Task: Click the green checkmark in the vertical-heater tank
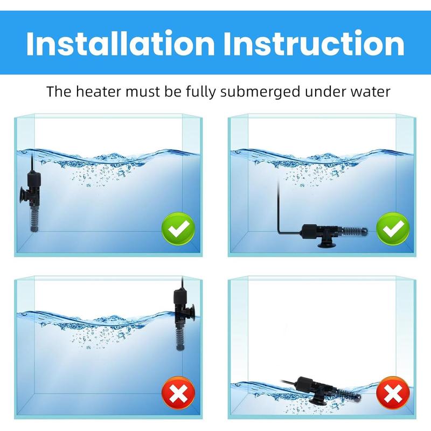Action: point(176,231)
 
